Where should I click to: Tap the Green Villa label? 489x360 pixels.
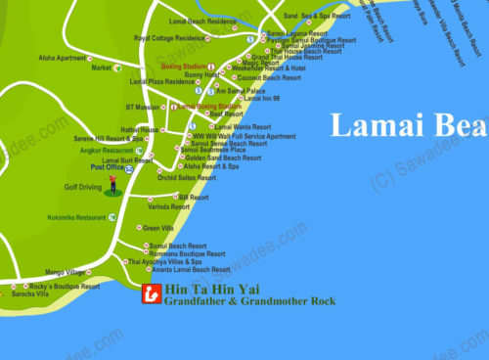click(158, 228)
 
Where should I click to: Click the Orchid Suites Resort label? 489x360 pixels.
click(186, 178)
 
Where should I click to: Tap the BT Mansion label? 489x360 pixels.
click(142, 106)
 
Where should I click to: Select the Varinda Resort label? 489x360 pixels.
click(168, 206)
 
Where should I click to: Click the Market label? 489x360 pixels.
click(101, 68)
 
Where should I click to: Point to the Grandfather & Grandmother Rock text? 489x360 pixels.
click(249, 303)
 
